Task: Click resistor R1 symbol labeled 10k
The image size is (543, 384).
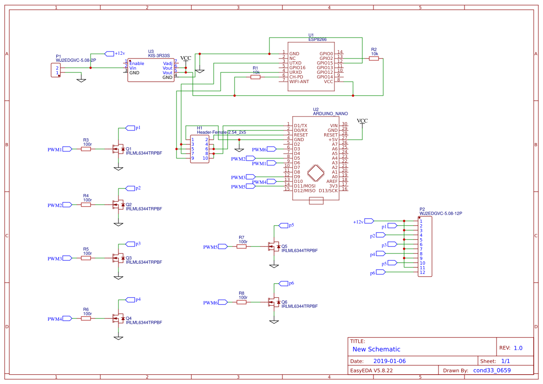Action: [x=255, y=77]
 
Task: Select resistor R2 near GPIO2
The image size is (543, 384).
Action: [x=374, y=59]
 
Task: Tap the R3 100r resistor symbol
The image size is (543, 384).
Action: [x=86, y=149]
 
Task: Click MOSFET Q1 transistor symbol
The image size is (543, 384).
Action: [x=119, y=149]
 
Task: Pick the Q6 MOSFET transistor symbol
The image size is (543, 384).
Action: [x=275, y=302]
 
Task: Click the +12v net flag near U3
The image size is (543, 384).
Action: [x=110, y=54]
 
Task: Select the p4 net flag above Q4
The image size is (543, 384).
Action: [x=131, y=299]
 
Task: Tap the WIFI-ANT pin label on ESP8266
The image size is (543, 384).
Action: [x=299, y=82]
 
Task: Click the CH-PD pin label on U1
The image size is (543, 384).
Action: [x=296, y=77]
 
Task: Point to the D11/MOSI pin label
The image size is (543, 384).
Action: [x=305, y=186]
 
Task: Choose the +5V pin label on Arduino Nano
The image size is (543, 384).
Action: [x=333, y=139]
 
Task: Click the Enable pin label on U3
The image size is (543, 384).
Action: [x=137, y=64]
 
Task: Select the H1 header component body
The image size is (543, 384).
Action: [x=199, y=149]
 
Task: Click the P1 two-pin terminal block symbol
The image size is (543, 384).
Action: [x=56, y=71]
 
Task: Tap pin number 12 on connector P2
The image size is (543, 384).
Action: [x=422, y=273]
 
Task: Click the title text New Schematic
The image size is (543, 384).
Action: [x=376, y=349]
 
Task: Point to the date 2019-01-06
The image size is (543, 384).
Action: [x=389, y=361]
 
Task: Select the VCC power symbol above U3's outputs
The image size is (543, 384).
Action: [x=185, y=59]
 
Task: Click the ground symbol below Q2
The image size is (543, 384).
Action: [x=118, y=224]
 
